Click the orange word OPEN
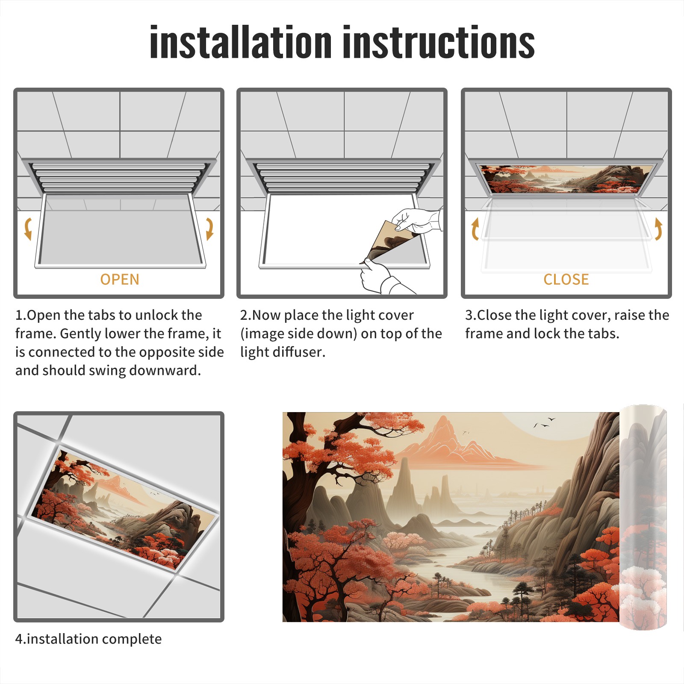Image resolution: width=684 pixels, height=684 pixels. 120,279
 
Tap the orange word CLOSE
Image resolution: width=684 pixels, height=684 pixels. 566,279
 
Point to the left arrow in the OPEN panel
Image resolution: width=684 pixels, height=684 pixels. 28,229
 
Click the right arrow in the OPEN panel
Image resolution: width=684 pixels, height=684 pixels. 209,229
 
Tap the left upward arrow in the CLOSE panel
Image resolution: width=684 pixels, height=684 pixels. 475,229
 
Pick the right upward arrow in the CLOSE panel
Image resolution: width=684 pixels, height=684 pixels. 658,229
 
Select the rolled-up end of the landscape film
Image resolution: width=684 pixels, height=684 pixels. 643,517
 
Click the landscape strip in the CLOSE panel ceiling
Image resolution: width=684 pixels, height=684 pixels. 566,179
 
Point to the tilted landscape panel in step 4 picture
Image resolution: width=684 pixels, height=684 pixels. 124,509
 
